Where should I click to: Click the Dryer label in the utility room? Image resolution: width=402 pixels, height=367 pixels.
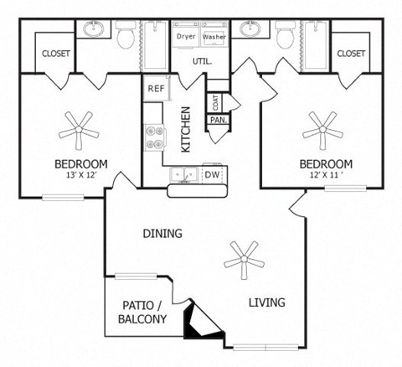point(186,37)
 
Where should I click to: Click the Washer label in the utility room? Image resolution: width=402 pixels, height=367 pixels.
point(214,37)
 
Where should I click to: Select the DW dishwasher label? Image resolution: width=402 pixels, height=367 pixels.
point(213,175)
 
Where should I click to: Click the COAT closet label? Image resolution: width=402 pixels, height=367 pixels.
point(217,102)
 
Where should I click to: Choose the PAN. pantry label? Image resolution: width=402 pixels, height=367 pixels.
point(218,120)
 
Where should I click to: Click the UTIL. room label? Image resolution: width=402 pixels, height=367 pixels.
point(203,61)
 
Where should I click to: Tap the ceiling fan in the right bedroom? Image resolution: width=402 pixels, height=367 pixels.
point(322,130)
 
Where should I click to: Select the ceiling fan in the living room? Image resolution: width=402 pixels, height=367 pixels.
point(243,260)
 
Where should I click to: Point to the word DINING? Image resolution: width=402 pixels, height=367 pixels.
point(162,234)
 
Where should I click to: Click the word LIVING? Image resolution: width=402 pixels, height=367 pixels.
point(266,302)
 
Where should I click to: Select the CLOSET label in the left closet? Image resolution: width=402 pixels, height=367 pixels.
point(56,54)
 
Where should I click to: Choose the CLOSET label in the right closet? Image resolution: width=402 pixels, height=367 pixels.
point(351,54)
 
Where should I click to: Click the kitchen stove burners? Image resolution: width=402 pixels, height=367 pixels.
point(154,137)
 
